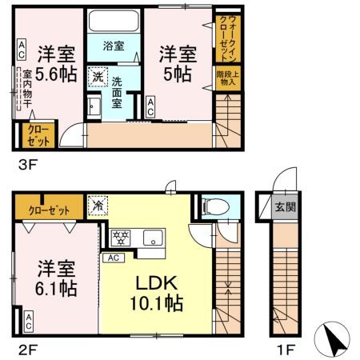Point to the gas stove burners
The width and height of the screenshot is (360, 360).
(122, 237)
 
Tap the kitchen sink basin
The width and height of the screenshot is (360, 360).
(152, 237)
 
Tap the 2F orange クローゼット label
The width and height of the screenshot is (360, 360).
(50, 211)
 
